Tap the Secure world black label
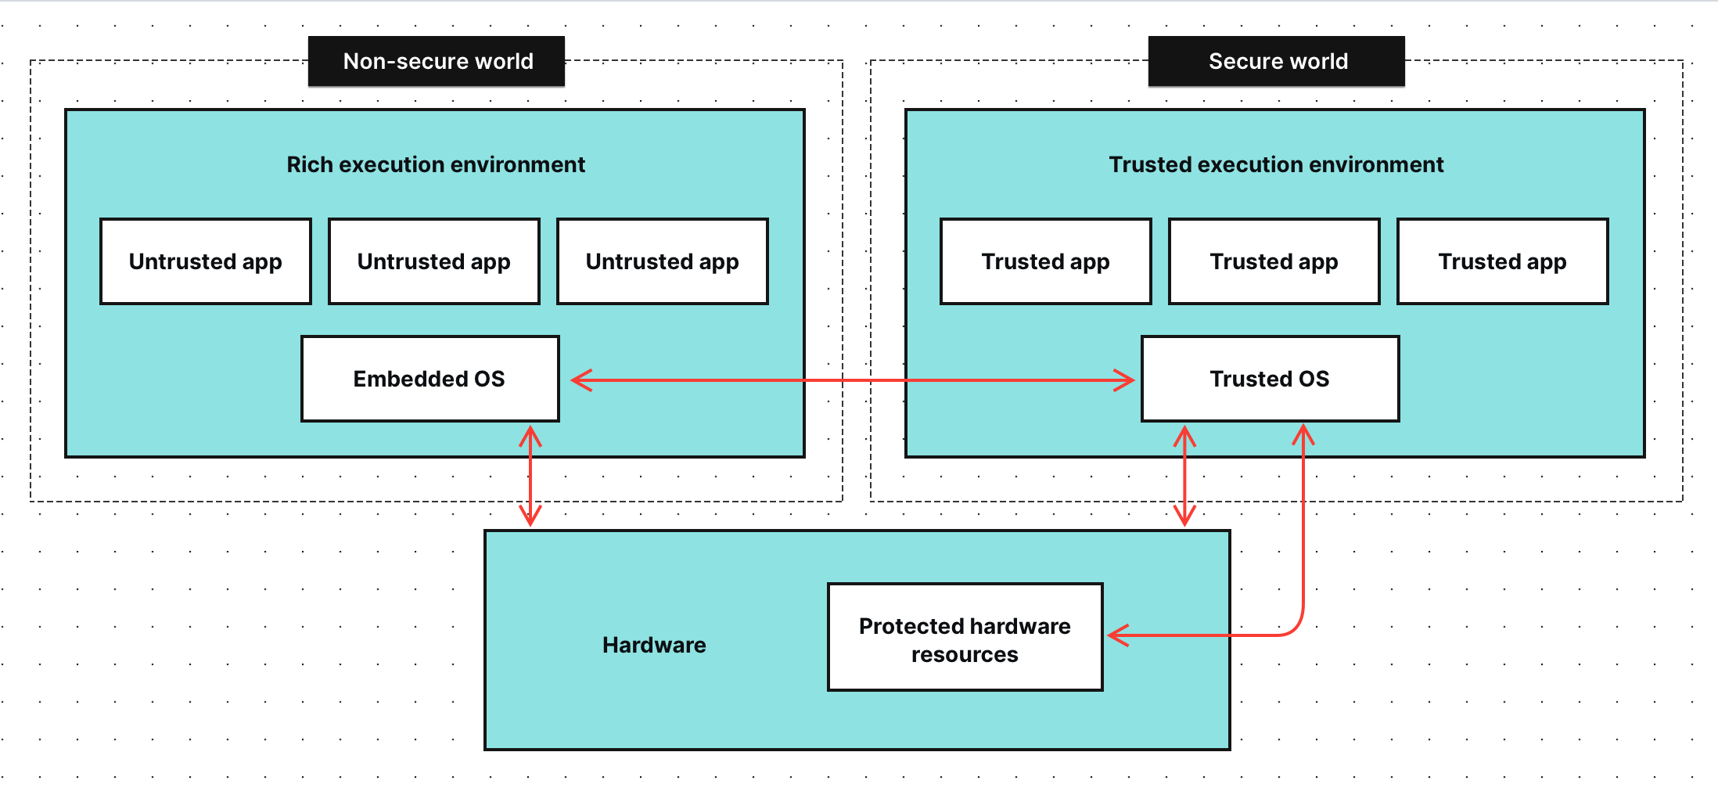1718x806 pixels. (1276, 61)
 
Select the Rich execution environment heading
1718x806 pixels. (435, 164)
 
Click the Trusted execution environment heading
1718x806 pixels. (1275, 164)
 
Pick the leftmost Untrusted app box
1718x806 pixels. (206, 261)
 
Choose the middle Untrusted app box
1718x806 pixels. (434, 261)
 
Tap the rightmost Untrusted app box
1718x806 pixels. (663, 261)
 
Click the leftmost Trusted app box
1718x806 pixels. (1046, 261)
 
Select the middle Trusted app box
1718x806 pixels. (1274, 261)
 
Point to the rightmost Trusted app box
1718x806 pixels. (1503, 261)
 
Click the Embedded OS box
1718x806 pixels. (430, 379)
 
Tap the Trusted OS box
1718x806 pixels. (1270, 379)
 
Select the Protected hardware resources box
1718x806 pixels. (965, 637)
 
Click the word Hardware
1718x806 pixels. (654, 645)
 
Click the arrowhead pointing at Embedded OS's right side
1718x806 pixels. (580, 380)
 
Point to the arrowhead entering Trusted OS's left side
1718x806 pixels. (1125, 380)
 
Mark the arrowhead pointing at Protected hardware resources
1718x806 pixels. (1117, 635)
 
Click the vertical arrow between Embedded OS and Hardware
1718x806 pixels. (530, 476)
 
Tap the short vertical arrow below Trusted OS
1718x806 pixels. (1184, 476)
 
